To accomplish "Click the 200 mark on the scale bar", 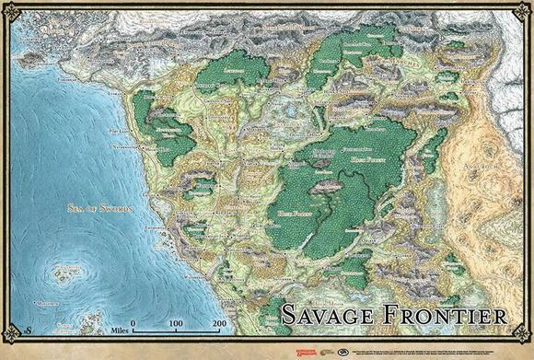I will point(219,325).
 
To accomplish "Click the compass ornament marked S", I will point(30,330).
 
